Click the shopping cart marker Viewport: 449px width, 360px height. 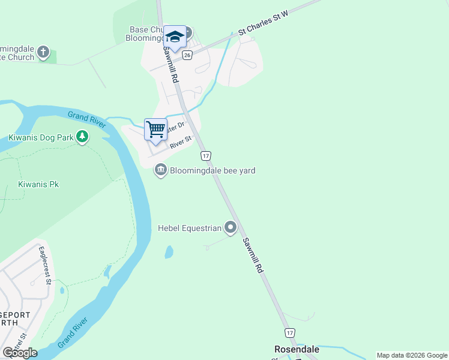[x=156, y=129]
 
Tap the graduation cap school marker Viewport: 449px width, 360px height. [x=175, y=37]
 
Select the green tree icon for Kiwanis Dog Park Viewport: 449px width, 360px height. [x=82, y=137]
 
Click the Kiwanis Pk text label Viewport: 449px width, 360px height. [x=38, y=184]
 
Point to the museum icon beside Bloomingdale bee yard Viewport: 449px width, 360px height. [x=160, y=170]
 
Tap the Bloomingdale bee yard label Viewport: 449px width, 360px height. [x=212, y=171]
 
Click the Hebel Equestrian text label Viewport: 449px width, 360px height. [x=189, y=228]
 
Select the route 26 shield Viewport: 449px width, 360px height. [x=187, y=55]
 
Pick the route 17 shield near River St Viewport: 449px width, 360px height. [x=206, y=156]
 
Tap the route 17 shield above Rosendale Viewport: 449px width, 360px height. [x=290, y=332]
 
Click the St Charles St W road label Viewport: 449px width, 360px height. [x=264, y=22]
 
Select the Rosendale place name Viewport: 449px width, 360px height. [x=295, y=349]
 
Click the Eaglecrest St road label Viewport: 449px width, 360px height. [x=45, y=265]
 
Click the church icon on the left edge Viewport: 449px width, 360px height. [x=43, y=52]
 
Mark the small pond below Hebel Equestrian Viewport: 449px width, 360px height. [x=169, y=252]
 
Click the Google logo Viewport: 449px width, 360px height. [x=20, y=352]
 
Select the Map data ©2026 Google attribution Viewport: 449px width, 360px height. [x=412, y=355]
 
